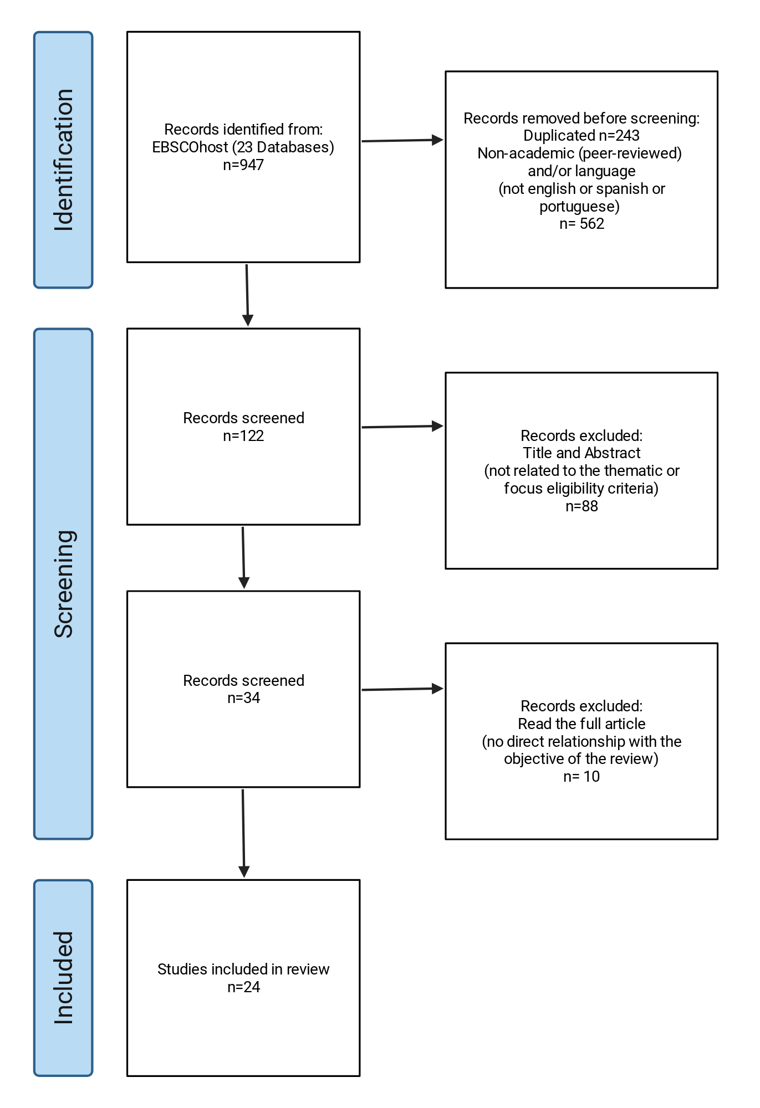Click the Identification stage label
(x=63, y=160)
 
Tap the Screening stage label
(x=63, y=584)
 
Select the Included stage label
(x=63, y=978)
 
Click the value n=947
(x=243, y=165)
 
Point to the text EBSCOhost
(x=190, y=147)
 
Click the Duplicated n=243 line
(x=582, y=136)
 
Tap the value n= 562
(x=582, y=224)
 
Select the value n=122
(x=243, y=436)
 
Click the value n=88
(x=582, y=506)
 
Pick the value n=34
(x=243, y=698)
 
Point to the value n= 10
(x=582, y=777)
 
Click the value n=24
(x=243, y=987)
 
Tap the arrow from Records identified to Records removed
(x=402, y=141)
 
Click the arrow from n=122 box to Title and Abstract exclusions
(x=402, y=427)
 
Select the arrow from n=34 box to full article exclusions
(x=402, y=689)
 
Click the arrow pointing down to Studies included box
(x=243, y=834)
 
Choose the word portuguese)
(x=580, y=207)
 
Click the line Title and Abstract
(x=582, y=453)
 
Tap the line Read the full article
(x=582, y=724)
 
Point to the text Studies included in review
(x=243, y=970)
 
